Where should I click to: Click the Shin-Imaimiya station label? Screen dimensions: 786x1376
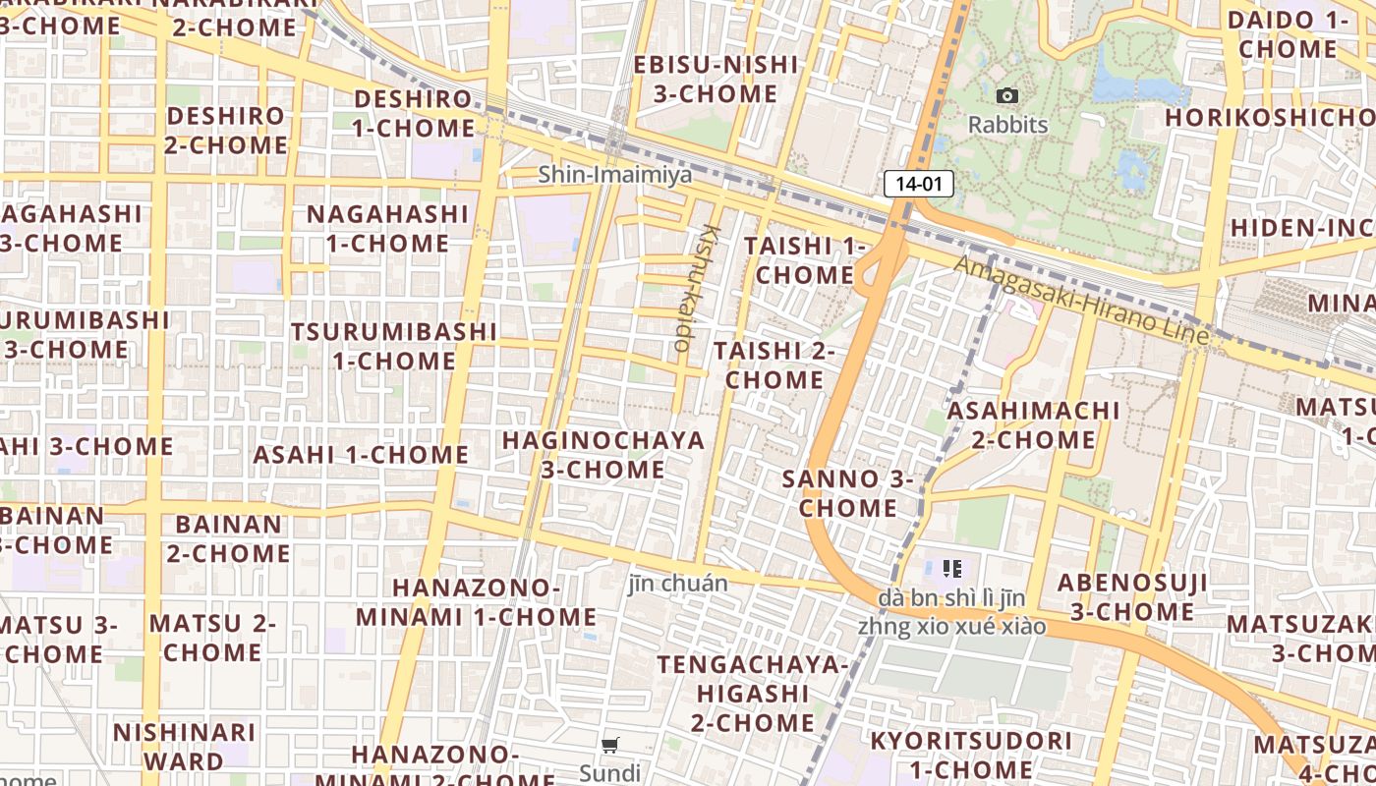[614, 175]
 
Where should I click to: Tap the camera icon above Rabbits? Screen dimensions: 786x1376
[1007, 96]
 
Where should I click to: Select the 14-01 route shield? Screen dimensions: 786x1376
[919, 183]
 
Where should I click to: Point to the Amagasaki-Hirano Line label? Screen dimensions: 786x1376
[1081, 300]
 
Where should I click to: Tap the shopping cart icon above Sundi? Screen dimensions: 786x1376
[610, 746]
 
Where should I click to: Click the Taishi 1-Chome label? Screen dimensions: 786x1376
[805, 260]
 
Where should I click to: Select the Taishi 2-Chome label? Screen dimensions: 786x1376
[774, 365]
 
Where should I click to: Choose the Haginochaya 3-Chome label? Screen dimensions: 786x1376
[603, 454]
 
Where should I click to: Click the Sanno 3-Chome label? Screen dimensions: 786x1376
[848, 493]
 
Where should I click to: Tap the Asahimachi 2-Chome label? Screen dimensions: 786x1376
[1033, 424]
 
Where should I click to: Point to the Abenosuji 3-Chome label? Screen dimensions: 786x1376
[1132, 597]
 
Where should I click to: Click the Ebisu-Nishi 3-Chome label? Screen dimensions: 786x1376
[716, 79]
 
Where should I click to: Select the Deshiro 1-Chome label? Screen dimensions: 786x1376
[414, 113]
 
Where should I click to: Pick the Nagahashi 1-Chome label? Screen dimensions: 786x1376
[388, 228]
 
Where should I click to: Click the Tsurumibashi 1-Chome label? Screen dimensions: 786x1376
[394, 346]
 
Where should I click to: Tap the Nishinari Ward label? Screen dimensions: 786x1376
[184, 746]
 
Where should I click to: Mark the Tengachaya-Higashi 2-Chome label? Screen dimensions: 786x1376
[754, 694]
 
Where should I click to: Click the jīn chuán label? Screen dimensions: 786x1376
[678, 584]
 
